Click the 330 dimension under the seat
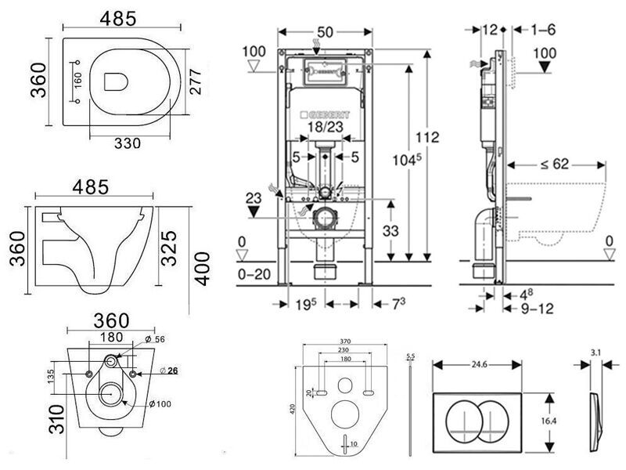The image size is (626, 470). pos(128,143)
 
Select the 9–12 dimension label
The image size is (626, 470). pos(536,309)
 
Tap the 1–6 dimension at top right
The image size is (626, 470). pos(542,30)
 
